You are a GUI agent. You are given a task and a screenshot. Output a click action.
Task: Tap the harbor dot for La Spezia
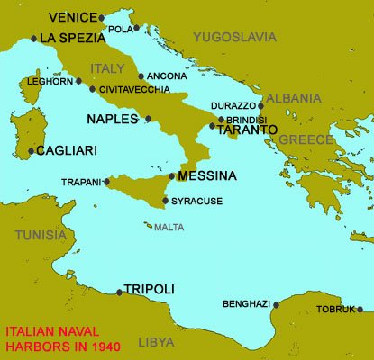pyautogui.click(x=34, y=39)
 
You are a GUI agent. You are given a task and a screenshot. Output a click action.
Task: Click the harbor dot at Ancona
pyautogui.click(x=141, y=76)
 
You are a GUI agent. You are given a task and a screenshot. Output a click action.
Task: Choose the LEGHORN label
pyautogui.click(x=47, y=80)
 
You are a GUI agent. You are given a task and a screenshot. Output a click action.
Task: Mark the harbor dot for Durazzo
pyautogui.click(x=260, y=105)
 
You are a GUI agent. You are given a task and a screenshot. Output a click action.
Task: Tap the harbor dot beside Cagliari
pyautogui.click(x=32, y=151)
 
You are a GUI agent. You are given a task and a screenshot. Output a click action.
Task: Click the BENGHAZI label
pyautogui.click(x=246, y=304)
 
